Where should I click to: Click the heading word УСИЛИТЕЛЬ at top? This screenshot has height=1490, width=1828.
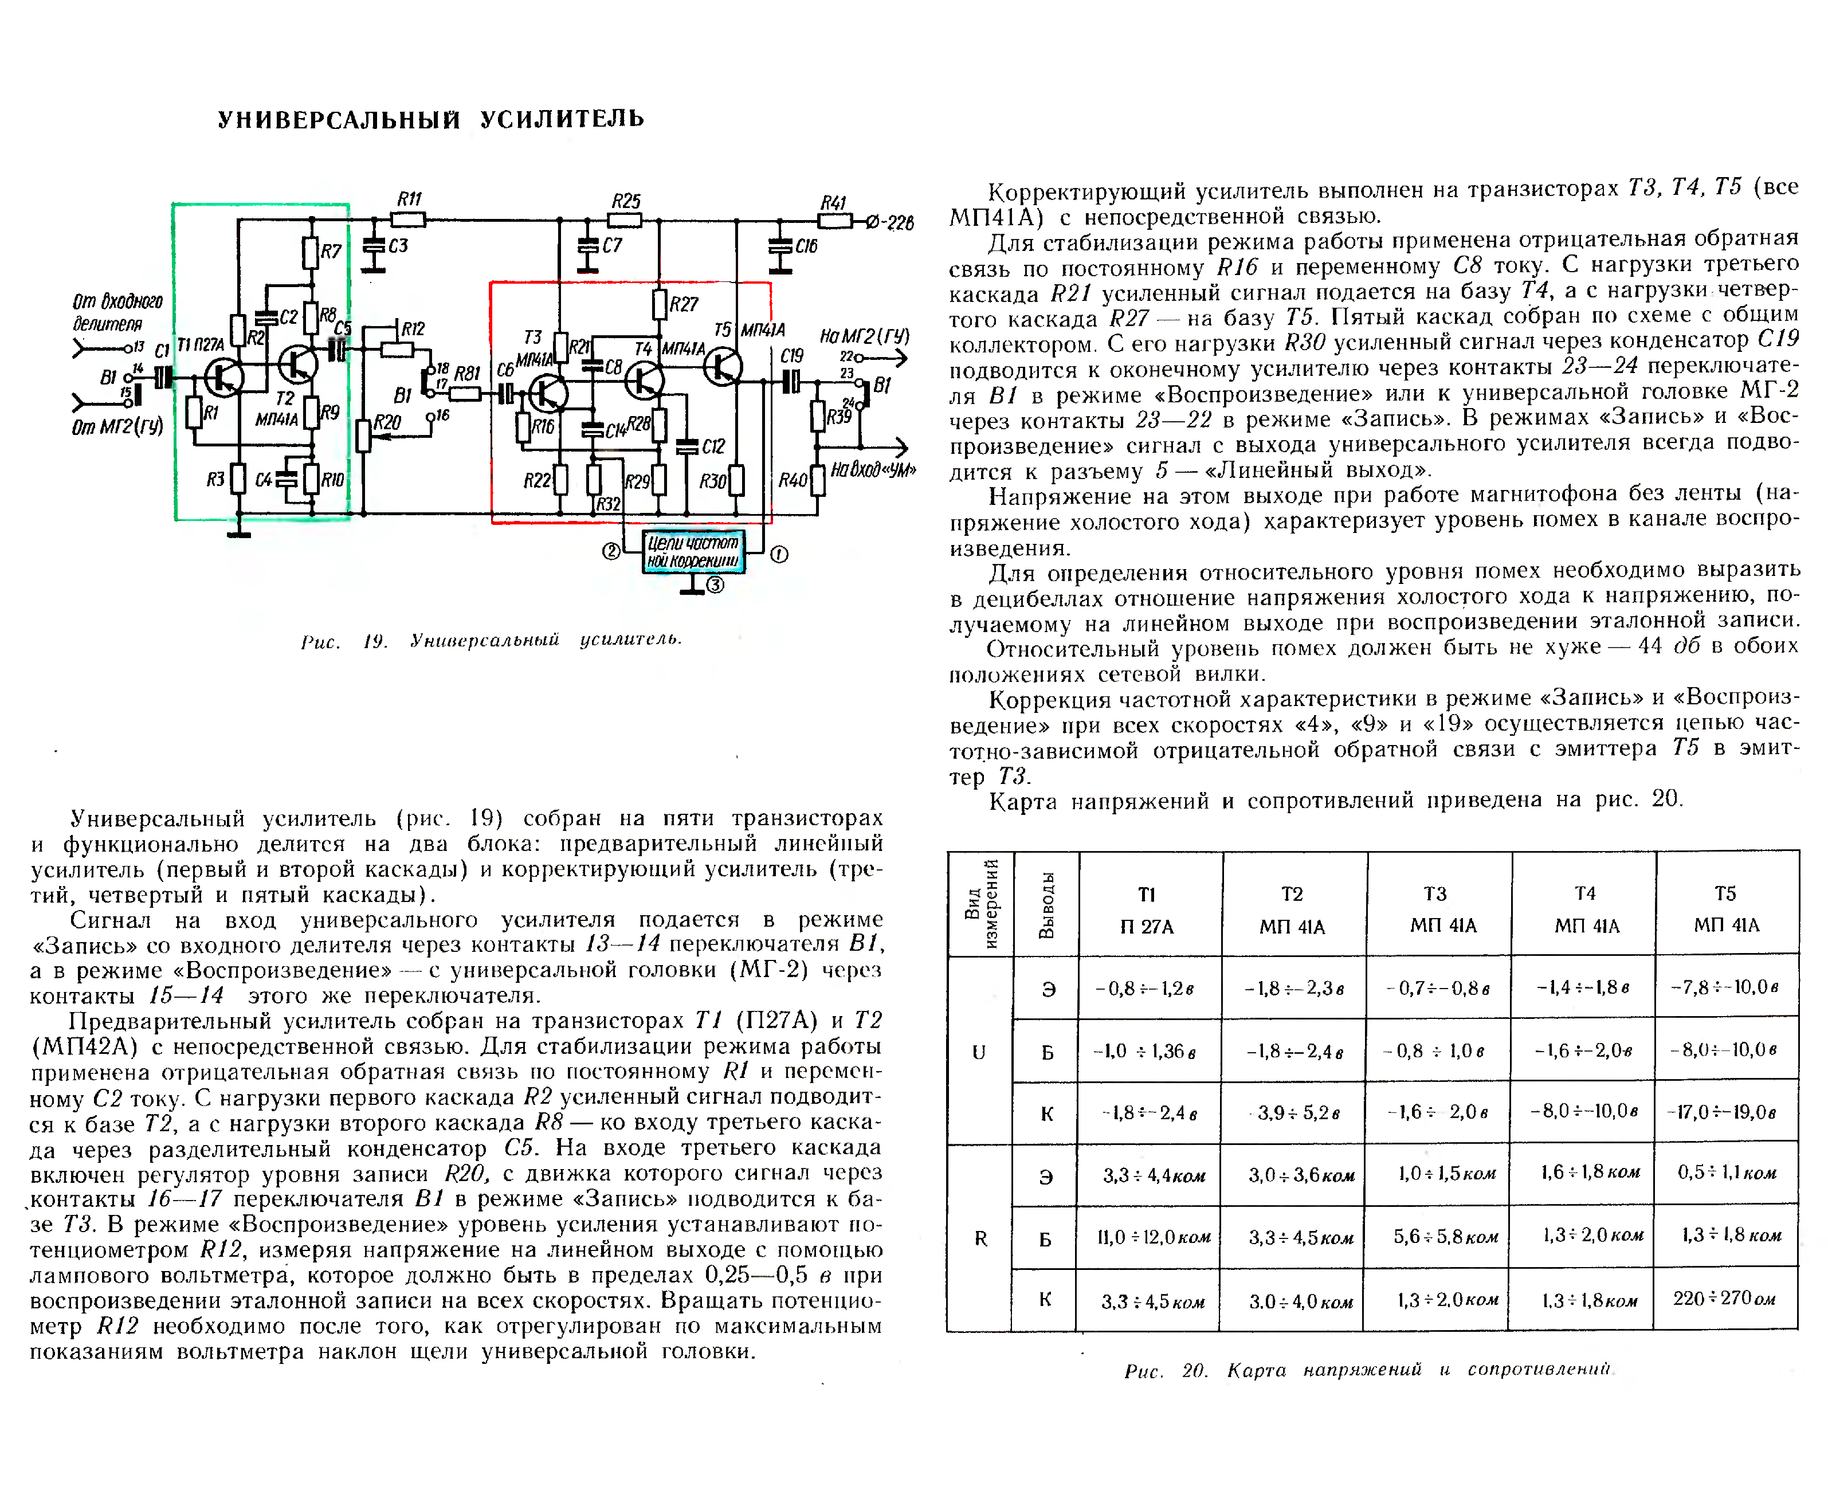click(x=562, y=119)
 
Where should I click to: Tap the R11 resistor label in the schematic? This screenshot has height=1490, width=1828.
click(x=409, y=199)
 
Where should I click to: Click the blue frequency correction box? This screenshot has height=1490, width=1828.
click(x=693, y=552)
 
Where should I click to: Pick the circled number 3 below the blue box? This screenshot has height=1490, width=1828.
click(x=716, y=585)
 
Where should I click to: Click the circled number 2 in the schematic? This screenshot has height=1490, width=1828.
click(x=611, y=551)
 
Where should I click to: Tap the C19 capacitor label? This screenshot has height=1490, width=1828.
click(x=791, y=355)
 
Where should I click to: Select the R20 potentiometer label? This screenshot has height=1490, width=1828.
click(x=387, y=422)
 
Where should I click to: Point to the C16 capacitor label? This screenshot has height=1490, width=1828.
click(x=806, y=246)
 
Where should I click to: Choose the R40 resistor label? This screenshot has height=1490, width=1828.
click(x=792, y=480)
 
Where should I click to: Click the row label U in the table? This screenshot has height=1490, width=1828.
click(x=978, y=1052)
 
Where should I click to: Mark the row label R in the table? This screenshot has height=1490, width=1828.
click(x=980, y=1238)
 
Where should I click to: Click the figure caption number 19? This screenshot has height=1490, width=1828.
click(x=375, y=641)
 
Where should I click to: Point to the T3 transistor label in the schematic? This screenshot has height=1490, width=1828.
click(x=532, y=338)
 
